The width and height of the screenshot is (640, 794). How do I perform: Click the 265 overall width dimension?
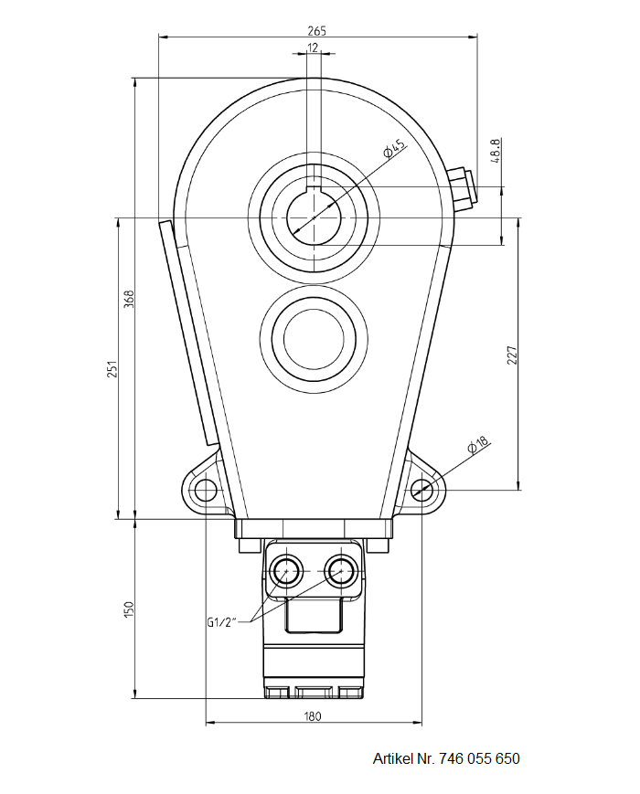[x=316, y=30]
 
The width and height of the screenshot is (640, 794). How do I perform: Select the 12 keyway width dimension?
[x=314, y=48]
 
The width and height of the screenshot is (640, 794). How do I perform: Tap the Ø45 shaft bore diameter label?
[x=394, y=149]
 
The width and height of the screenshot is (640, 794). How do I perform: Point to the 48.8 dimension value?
[x=496, y=151]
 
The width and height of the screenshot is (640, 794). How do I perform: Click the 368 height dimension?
[x=129, y=299]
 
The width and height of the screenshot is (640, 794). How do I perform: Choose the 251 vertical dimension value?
[x=112, y=368]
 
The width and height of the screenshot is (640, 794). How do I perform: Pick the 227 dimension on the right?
[x=512, y=355]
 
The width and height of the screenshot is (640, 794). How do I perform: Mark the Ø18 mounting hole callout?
[x=477, y=446]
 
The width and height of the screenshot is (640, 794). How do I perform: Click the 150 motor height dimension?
[x=129, y=608]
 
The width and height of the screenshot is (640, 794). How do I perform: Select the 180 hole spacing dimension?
[x=313, y=716]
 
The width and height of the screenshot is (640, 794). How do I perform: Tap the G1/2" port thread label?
[x=221, y=622]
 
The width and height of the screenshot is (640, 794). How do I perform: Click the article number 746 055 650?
[x=479, y=758]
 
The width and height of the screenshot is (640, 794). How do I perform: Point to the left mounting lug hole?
[x=205, y=489]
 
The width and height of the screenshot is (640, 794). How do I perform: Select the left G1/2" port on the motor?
[x=286, y=572]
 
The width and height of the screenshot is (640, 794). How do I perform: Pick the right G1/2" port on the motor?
[x=341, y=572]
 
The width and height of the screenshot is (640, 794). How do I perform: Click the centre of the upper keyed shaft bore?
[x=314, y=217]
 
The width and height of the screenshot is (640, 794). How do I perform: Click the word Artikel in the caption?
[x=393, y=758]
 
